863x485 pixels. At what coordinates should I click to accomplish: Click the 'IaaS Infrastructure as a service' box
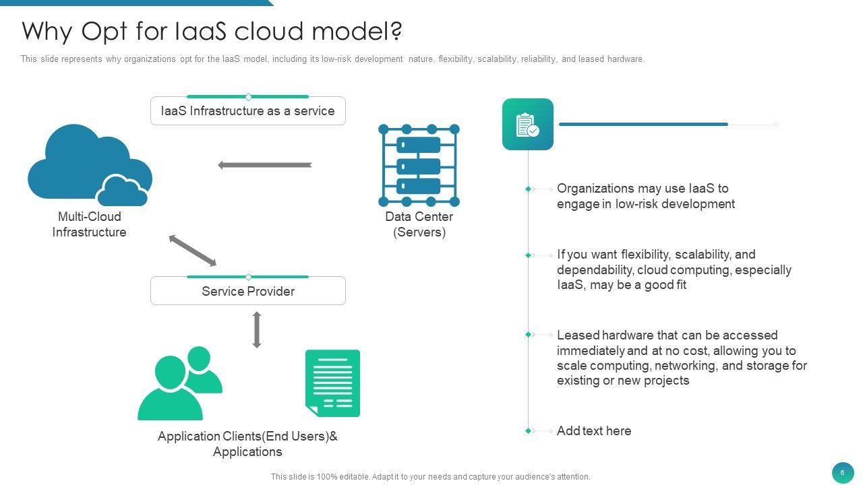tap(247, 111)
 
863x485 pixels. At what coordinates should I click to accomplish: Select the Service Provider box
tap(247, 291)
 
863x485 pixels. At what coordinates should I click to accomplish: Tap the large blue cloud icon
tap(90, 165)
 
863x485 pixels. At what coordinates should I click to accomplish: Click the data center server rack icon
tap(419, 165)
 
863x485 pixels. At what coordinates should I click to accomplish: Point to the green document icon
tap(332, 383)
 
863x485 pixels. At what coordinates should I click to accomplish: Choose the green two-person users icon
tap(180, 383)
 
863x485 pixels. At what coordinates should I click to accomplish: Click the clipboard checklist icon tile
tap(528, 125)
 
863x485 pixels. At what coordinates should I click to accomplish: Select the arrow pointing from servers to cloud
tap(265, 165)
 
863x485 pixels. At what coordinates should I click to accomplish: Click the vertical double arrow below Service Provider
tap(257, 330)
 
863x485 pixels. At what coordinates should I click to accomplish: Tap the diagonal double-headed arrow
tap(193, 250)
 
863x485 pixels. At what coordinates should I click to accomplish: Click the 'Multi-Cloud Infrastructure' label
tap(90, 224)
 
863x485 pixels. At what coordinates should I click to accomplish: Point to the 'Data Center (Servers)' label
tap(419, 224)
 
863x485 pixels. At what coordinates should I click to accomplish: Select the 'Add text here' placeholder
tap(594, 430)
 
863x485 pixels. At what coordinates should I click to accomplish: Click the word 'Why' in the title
tap(47, 31)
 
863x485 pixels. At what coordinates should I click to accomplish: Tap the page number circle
tap(843, 473)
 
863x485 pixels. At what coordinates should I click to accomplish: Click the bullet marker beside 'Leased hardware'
tap(528, 335)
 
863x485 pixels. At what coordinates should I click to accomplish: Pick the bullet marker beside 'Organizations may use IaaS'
tap(528, 189)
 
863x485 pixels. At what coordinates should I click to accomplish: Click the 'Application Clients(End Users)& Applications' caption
tap(247, 444)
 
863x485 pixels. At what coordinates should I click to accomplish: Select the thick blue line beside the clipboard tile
tap(643, 125)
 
